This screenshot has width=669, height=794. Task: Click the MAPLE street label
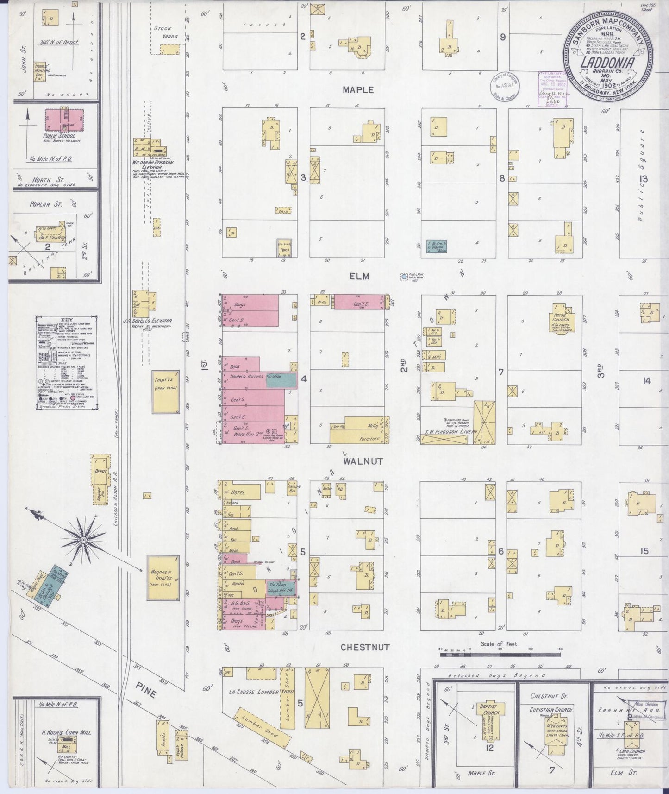358,90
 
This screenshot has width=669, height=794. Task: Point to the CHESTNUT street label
365,647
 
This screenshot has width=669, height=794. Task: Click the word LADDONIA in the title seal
608,62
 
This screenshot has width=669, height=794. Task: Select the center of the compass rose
83,540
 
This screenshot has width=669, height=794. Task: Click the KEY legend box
67,363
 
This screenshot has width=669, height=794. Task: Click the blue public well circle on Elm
404,277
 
